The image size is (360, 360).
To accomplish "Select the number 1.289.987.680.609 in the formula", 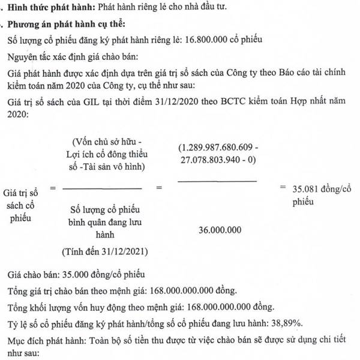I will point(217,148).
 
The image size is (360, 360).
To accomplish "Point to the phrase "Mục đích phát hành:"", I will point(46,339).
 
